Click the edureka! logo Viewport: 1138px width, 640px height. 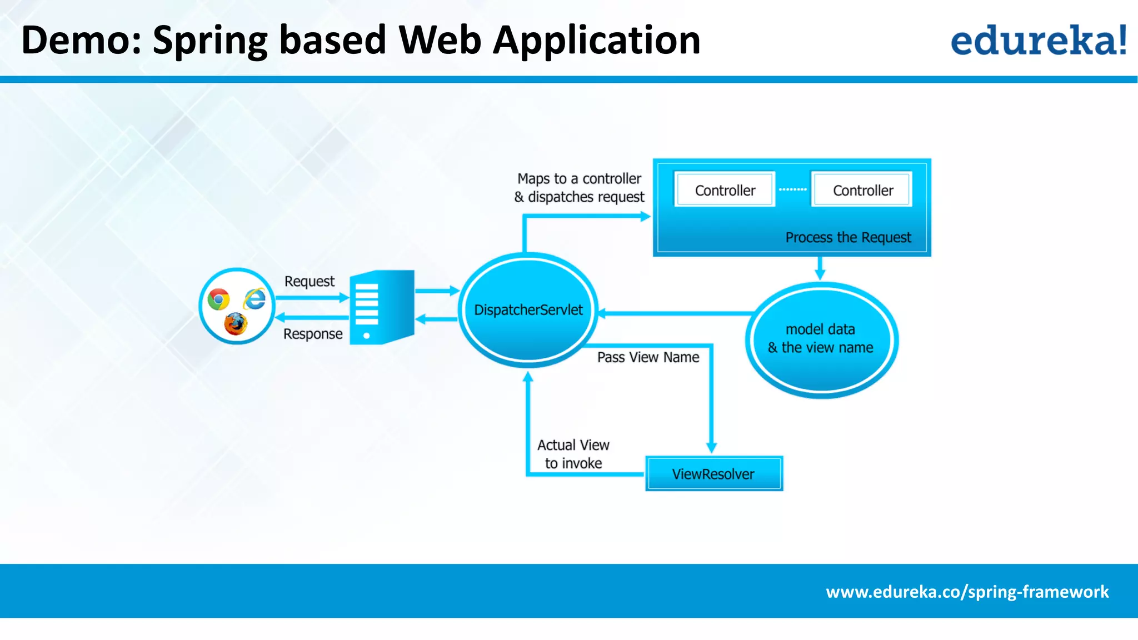pyautogui.click(x=1038, y=41)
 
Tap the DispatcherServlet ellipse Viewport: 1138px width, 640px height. pyautogui.click(x=528, y=310)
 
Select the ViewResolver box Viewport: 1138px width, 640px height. pyautogui.click(x=713, y=474)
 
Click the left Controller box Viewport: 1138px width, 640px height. pyautogui.click(x=725, y=190)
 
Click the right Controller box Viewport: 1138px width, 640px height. pyautogui.click(x=862, y=190)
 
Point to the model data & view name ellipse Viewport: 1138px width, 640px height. pyautogui.click(x=821, y=339)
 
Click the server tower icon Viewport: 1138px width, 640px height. pyautogui.click(x=382, y=307)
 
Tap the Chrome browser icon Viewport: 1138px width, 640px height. pyautogui.click(x=218, y=299)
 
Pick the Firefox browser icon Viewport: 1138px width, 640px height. pyautogui.click(x=236, y=324)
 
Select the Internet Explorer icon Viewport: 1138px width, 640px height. pyautogui.click(x=254, y=299)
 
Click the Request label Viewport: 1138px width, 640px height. pyautogui.click(x=309, y=281)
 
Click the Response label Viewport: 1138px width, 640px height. pyautogui.click(x=313, y=334)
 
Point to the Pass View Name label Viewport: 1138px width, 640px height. pyautogui.click(x=648, y=357)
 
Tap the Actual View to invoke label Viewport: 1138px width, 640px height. pyautogui.click(x=573, y=454)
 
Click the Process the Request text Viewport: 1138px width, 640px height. pyautogui.click(x=848, y=237)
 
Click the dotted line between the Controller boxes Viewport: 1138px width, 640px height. pyautogui.click(x=792, y=189)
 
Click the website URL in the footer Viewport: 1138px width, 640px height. pyautogui.click(x=967, y=592)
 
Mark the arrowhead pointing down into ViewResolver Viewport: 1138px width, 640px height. pyautogui.click(x=711, y=448)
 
